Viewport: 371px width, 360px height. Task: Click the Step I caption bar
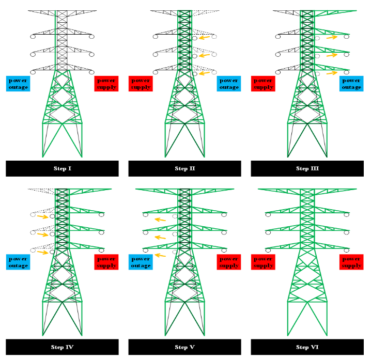pyautogui.click(x=62, y=168)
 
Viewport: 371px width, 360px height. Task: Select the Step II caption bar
pyautogui.click(x=184, y=168)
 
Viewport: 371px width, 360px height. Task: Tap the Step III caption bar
pyautogui.click(x=307, y=168)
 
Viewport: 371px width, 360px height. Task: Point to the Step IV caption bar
pyautogui.click(x=62, y=347)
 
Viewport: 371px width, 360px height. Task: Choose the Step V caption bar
pyautogui.click(x=184, y=347)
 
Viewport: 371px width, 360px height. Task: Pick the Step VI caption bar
pyautogui.click(x=307, y=347)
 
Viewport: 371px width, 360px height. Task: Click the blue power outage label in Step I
pyautogui.click(x=18, y=84)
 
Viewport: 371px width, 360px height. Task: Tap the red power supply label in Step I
pyautogui.click(x=106, y=84)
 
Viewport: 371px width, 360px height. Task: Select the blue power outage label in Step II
pyautogui.click(x=228, y=84)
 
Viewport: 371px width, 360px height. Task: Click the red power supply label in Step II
pyautogui.click(x=141, y=84)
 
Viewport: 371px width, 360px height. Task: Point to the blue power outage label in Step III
pyautogui.click(x=351, y=84)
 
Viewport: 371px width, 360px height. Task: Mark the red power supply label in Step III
pyautogui.click(x=263, y=84)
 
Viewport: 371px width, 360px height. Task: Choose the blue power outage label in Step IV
pyautogui.click(x=18, y=262)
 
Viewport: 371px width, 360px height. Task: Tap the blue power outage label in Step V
pyautogui.click(x=141, y=262)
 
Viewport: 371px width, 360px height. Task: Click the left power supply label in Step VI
pyautogui.click(x=263, y=262)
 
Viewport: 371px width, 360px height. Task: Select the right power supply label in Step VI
pyautogui.click(x=351, y=262)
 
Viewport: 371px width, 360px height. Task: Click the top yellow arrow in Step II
pyautogui.click(x=205, y=38)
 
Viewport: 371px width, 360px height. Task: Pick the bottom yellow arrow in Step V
pyautogui.click(x=160, y=255)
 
